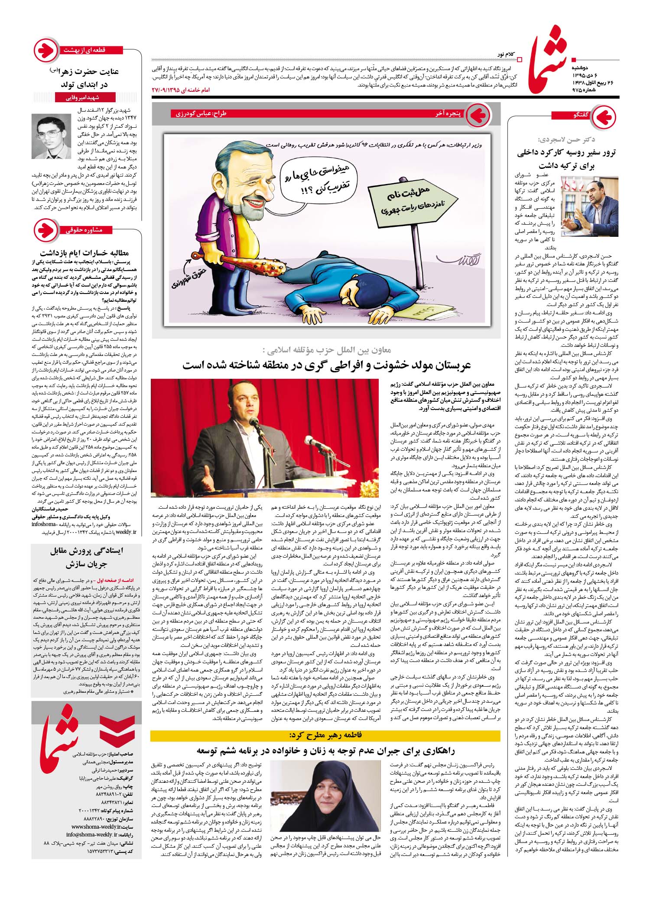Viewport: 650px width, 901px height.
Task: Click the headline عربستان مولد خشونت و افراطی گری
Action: (x=326, y=365)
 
